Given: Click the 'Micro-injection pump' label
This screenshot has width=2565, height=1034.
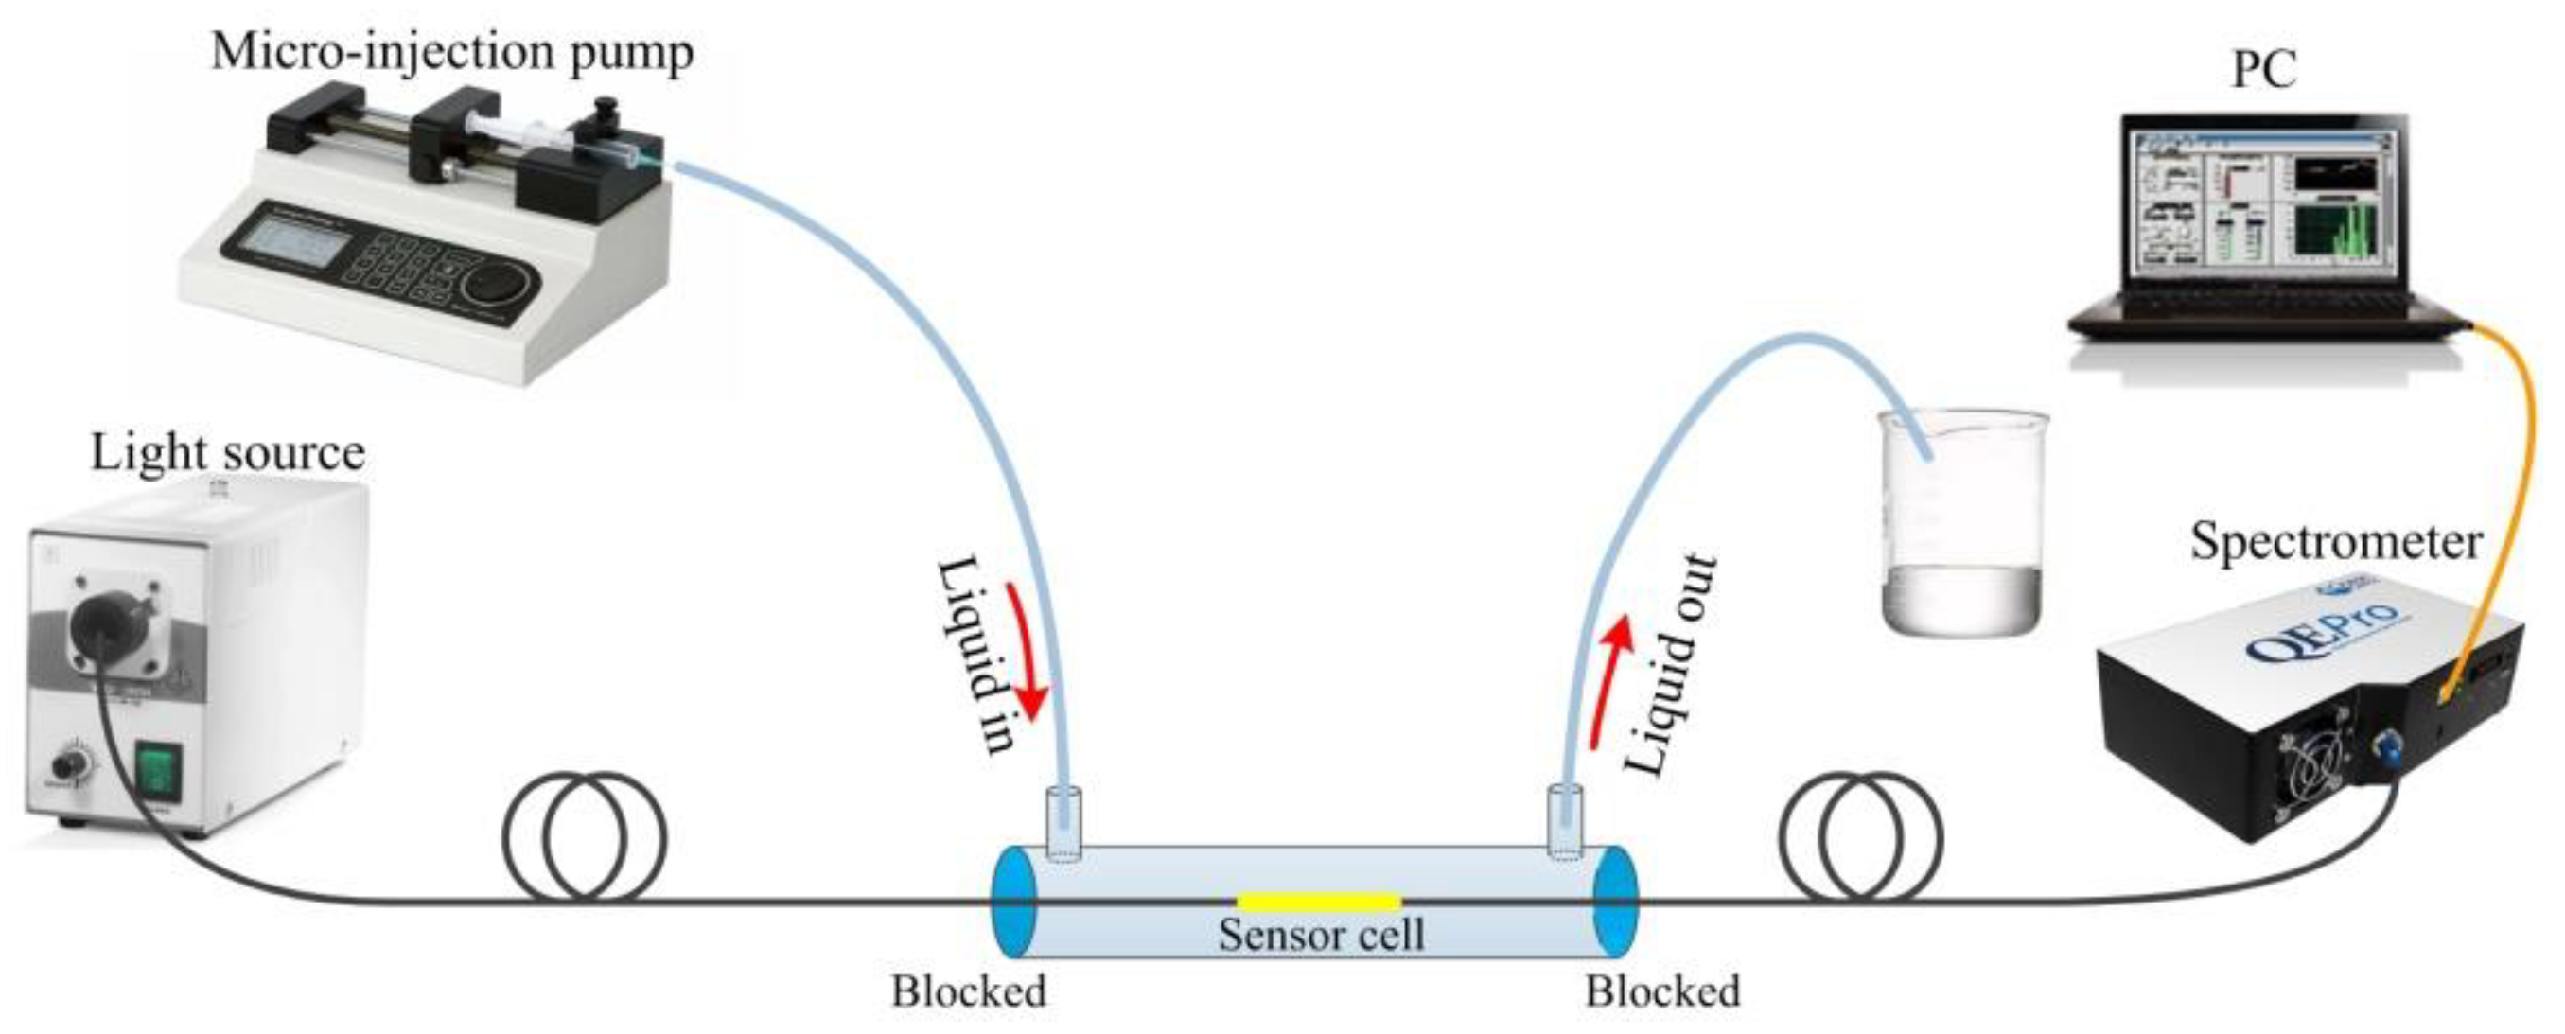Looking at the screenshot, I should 452,52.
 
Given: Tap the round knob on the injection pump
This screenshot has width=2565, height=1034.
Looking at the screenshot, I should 496,283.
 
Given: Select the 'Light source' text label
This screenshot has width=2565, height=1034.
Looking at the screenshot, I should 228,454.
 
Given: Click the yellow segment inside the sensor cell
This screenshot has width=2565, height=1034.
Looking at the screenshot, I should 1318,903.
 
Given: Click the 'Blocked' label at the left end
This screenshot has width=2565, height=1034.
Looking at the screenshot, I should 968,992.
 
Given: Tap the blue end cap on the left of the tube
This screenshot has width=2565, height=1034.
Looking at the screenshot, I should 1013,903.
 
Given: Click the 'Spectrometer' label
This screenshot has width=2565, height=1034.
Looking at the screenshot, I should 2335,542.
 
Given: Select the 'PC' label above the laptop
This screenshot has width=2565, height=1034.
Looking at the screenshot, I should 2264,70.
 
